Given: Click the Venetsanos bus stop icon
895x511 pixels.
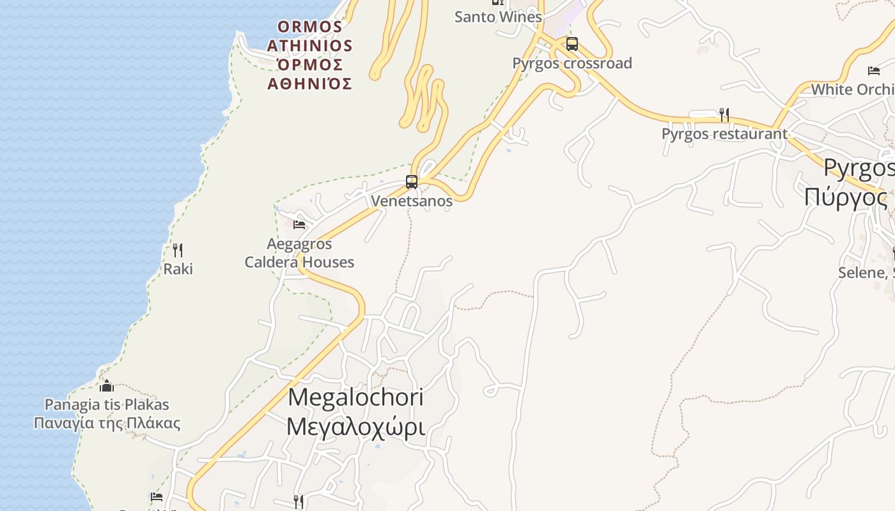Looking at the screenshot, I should pyautogui.click(x=412, y=182).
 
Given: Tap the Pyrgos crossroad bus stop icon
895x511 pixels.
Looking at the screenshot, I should pyautogui.click(x=572, y=44).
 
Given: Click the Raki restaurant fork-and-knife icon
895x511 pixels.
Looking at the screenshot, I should pyautogui.click(x=178, y=250).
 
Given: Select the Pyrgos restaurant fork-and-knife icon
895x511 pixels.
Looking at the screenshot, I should pyautogui.click(x=724, y=115).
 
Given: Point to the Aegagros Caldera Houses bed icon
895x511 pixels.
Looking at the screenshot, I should pyautogui.click(x=299, y=224).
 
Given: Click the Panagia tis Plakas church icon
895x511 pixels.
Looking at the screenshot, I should pyautogui.click(x=107, y=386).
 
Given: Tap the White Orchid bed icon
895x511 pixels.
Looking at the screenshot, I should pyautogui.click(x=873, y=71).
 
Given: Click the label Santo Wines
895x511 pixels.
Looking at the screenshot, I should pyautogui.click(x=498, y=17).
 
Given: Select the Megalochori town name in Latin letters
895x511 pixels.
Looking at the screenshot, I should pyautogui.click(x=355, y=397).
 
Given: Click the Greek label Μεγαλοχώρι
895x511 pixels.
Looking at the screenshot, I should pyautogui.click(x=355, y=425).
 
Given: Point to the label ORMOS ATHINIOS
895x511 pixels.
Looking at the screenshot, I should pyautogui.click(x=310, y=36).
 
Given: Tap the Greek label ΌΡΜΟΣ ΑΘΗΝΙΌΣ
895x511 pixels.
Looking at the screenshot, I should pyautogui.click(x=310, y=74).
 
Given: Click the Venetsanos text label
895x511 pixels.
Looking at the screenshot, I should pyautogui.click(x=412, y=201).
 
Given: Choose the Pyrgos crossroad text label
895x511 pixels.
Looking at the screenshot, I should pyautogui.click(x=572, y=63).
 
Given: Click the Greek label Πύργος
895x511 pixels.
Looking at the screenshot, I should pyautogui.click(x=845, y=197).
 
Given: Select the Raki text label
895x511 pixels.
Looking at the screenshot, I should pyautogui.click(x=178, y=269).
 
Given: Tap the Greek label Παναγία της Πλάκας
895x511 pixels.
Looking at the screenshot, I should pyautogui.click(x=107, y=423).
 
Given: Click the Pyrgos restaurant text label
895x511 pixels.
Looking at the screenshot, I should pyautogui.click(x=724, y=134).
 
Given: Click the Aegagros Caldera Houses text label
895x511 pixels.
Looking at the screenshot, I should pyautogui.click(x=299, y=253).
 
